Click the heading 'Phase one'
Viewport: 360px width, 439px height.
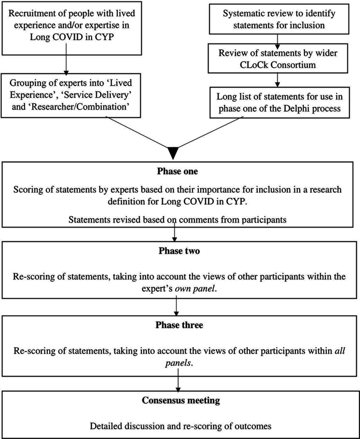pos(177,171)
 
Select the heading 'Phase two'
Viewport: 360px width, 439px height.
pos(180,251)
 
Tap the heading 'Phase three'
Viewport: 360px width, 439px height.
pos(180,325)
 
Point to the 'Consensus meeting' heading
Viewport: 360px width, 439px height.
pos(180,400)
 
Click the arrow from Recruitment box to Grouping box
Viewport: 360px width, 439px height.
pos(66,58)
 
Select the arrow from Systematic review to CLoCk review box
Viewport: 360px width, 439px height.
pos(277,41)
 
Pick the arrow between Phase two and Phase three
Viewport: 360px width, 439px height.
pos(176,307)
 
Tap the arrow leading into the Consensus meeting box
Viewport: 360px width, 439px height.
pos(178,381)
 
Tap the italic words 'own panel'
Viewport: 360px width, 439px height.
pos(195,289)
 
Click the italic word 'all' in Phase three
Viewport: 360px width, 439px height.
pos(340,351)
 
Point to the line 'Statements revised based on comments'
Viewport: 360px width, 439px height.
pos(154,219)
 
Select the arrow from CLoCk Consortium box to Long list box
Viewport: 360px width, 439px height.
pos(277,80)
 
